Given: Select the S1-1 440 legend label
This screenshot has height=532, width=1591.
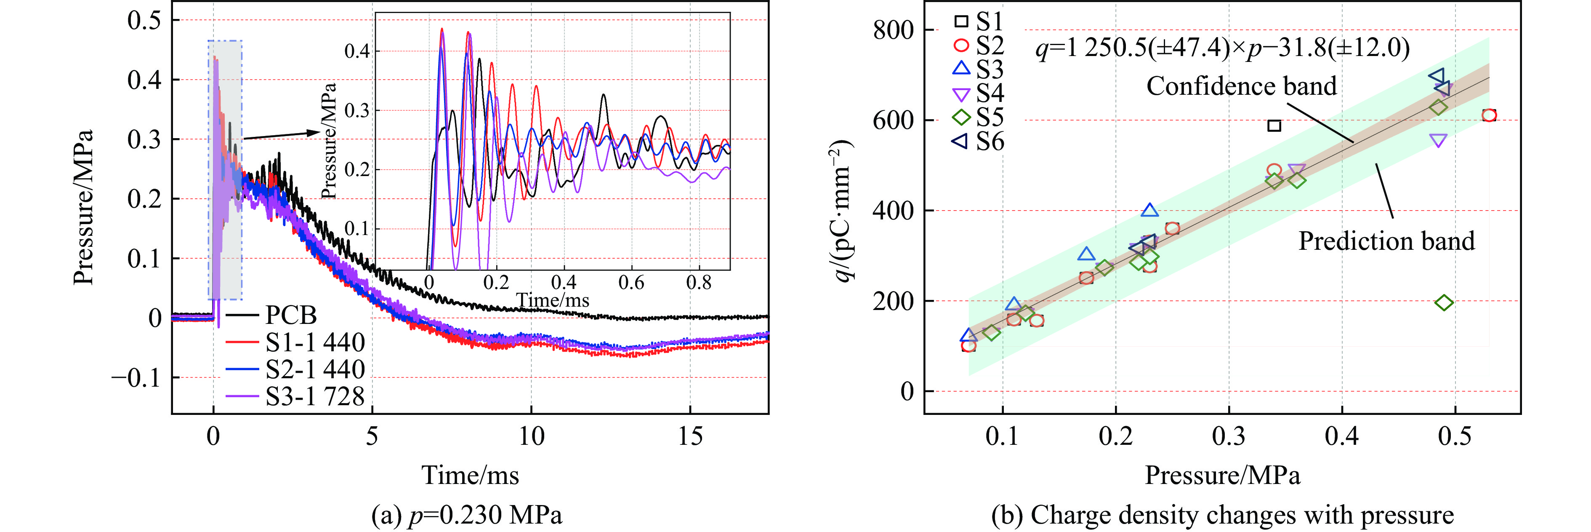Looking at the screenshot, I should point(315,342).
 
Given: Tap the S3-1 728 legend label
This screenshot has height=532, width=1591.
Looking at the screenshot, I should point(315,396).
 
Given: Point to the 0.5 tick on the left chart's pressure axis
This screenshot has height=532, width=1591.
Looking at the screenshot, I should point(144,20).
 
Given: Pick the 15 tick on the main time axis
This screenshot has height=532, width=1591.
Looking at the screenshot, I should point(690,437).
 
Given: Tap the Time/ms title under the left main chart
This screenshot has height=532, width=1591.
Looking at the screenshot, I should point(470,475).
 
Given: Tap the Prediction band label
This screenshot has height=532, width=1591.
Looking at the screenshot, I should point(1386,241).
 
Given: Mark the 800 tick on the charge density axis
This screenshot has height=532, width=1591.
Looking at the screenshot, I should point(893,29).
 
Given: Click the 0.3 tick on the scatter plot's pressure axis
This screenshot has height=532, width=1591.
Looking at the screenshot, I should point(1229,437).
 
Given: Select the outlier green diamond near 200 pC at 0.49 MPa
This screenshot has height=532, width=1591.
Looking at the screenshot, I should point(1444,303).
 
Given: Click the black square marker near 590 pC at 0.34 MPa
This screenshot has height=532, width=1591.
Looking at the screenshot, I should point(1274,126).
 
